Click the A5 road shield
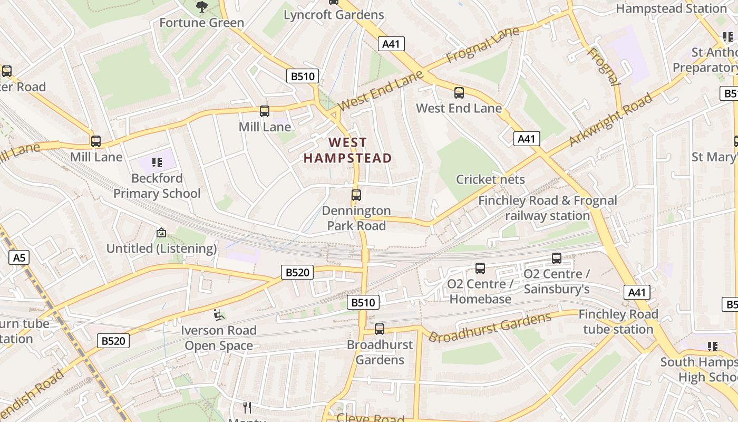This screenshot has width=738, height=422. [19, 257]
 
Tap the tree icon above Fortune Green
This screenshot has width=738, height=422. [201, 7]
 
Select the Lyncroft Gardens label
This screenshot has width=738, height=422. [334, 15]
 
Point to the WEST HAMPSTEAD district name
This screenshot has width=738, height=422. [348, 150]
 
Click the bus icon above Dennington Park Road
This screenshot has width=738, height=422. [356, 195]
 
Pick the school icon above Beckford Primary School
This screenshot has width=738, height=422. [157, 162]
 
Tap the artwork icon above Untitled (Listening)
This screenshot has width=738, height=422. [161, 233]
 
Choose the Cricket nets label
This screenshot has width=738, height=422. [490, 179]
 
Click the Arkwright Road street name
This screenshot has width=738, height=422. [610, 120]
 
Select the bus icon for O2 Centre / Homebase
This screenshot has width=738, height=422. [480, 268]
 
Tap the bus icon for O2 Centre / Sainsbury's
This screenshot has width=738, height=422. [557, 258]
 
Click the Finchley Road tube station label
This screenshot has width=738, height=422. [618, 322]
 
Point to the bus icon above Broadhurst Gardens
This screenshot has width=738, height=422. [380, 329]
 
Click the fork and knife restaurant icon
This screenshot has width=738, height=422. [247, 407]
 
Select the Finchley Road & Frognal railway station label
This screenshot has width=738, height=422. [547, 208]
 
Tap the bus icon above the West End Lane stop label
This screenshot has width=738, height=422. [459, 93]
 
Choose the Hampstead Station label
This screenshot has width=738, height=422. [671, 8]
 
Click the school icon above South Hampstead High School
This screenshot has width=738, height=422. [713, 347]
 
